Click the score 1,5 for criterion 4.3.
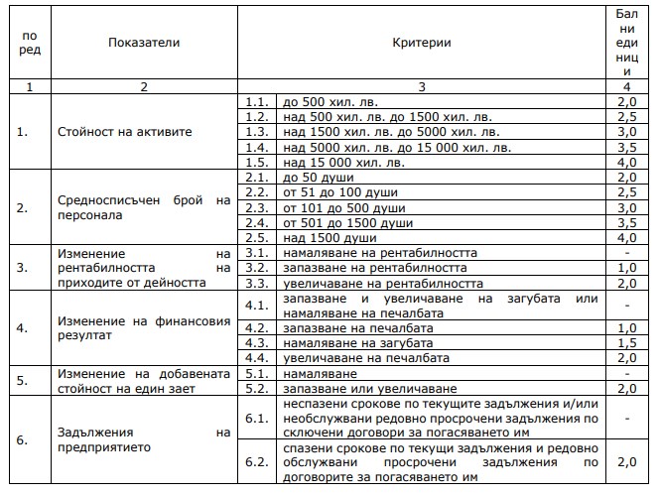(625, 342)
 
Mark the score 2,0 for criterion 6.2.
(625, 462)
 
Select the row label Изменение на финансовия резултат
(143, 327)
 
